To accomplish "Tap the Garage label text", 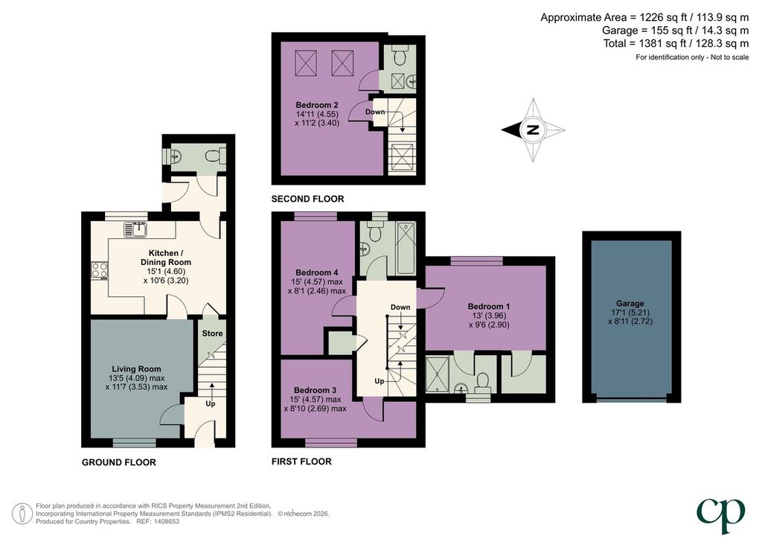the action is (x=630, y=303).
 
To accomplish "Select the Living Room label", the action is (x=136, y=369).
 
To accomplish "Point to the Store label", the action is (x=212, y=334).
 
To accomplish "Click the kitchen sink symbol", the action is (x=135, y=229).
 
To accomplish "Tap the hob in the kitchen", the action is (x=100, y=271).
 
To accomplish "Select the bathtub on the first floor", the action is (x=406, y=248).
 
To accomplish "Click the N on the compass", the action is (x=533, y=130).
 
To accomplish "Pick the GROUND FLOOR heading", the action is (x=118, y=462).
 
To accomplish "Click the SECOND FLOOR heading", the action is (x=307, y=199).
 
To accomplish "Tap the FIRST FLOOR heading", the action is (x=301, y=462).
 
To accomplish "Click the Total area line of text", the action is (x=676, y=44).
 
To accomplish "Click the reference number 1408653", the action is (x=166, y=521).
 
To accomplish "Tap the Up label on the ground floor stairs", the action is (x=211, y=404).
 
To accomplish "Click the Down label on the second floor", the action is (x=375, y=112).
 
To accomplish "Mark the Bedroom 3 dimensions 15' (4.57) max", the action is (x=315, y=400).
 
